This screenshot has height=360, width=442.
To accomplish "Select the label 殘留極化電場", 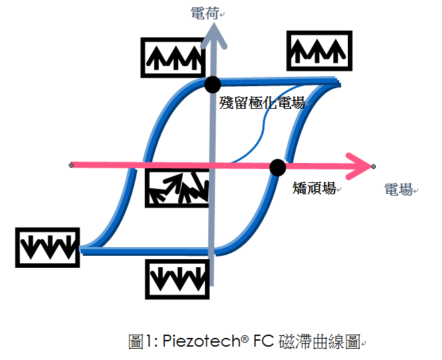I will click(x=262, y=103).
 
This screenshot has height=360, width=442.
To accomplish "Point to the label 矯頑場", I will click(x=314, y=189).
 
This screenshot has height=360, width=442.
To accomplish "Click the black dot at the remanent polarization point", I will click(x=212, y=84).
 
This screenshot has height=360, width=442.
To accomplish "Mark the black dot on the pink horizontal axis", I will click(x=278, y=168).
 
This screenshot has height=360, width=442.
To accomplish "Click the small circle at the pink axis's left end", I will click(x=71, y=164).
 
